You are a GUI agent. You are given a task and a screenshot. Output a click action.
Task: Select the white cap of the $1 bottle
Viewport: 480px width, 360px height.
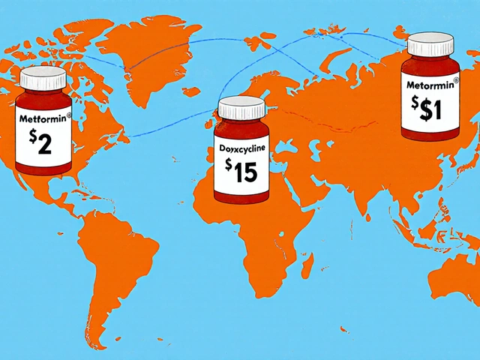click(432, 45)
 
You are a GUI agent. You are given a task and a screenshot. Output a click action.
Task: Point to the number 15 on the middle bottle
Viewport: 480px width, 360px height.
click(246, 173)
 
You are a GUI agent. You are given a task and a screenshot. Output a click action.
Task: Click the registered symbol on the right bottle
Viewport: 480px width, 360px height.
click(457, 76)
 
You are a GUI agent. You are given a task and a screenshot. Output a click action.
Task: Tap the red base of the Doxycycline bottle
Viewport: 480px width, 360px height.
click(241, 196)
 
